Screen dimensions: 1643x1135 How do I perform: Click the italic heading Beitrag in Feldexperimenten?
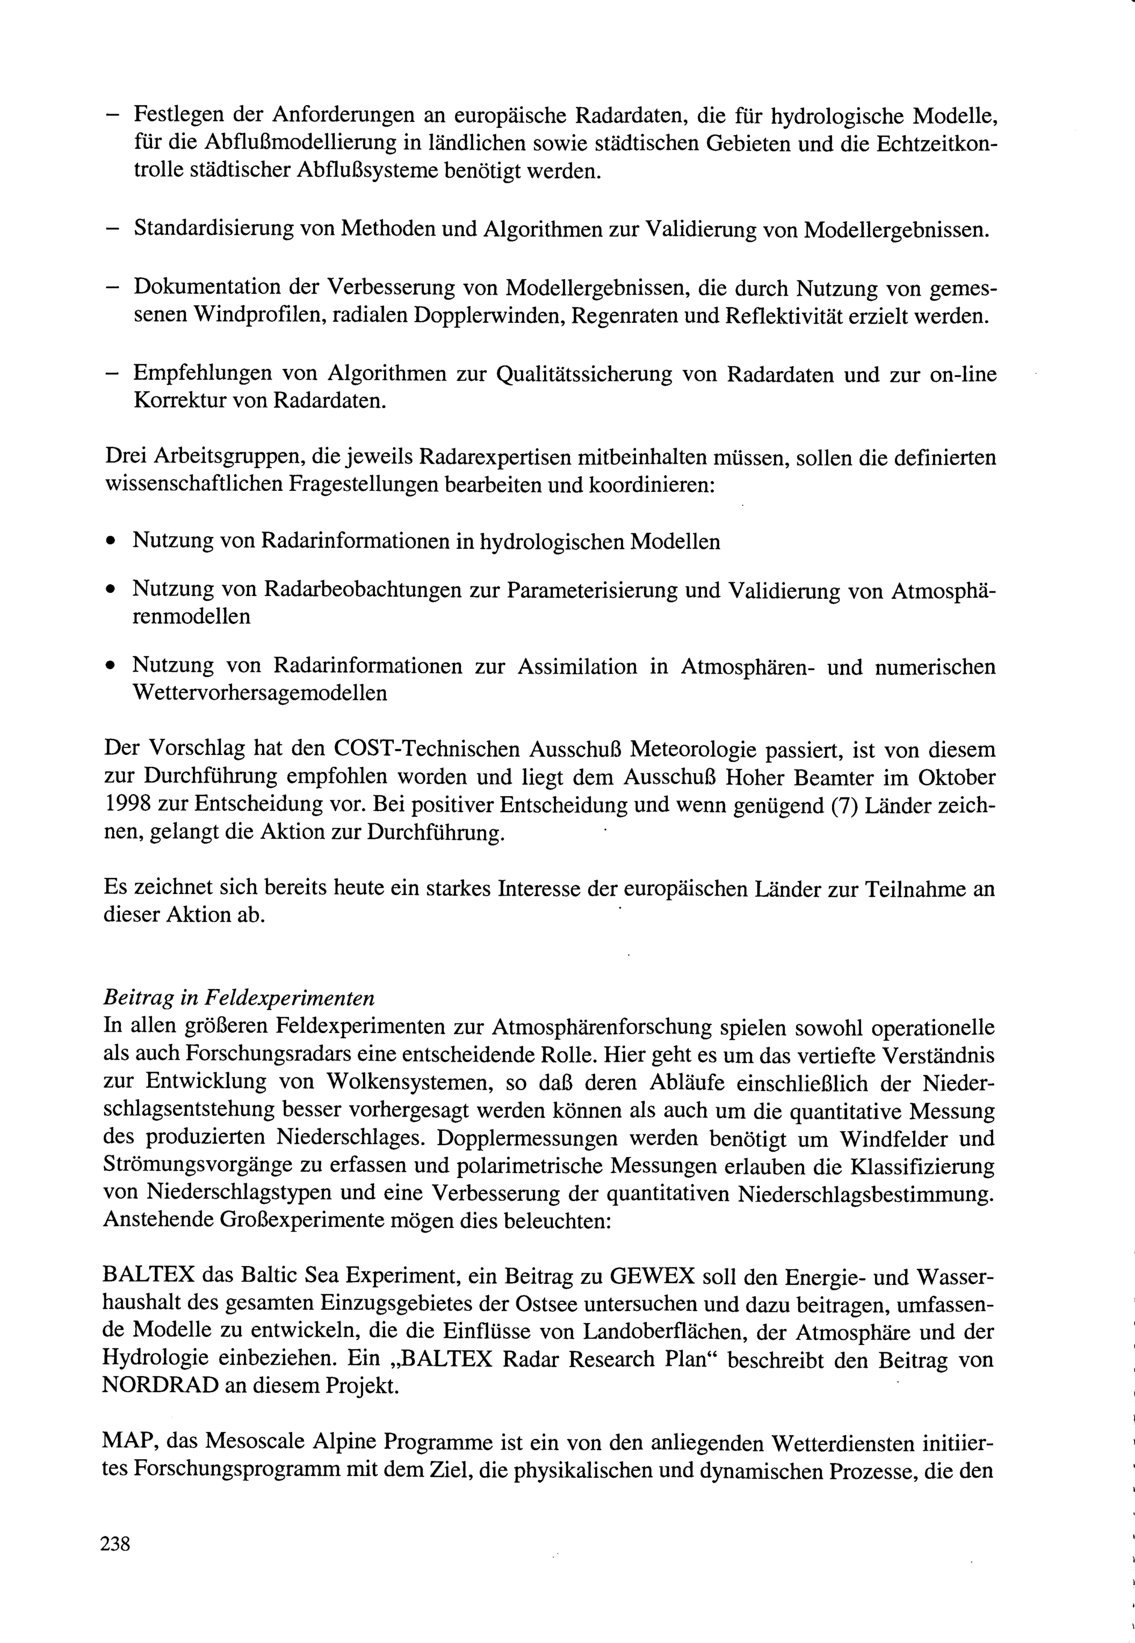(x=239, y=998)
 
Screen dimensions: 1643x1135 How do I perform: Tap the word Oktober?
(x=956, y=777)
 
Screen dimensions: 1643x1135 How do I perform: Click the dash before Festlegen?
(x=113, y=115)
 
